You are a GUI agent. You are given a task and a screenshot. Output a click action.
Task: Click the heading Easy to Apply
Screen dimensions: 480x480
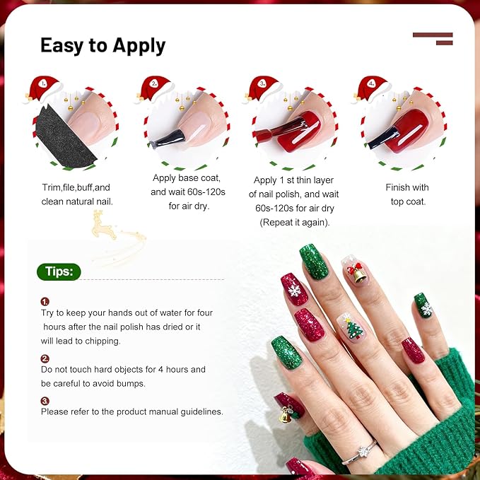[103, 45]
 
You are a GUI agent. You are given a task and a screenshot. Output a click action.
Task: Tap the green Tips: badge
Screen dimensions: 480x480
[59, 272]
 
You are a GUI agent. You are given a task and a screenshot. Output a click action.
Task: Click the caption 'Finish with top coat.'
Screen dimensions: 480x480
[406, 194]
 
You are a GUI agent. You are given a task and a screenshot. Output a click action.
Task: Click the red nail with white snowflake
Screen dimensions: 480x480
[294, 289]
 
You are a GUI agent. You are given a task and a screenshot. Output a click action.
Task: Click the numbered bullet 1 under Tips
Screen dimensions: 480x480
[45, 301]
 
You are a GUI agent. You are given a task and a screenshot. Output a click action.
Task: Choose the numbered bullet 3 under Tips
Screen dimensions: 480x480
[45, 401]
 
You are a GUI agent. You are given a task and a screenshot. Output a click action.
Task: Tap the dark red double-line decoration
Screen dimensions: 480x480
[433, 38]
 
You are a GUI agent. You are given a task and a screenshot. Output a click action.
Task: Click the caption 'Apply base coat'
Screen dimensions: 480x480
[187, 178]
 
